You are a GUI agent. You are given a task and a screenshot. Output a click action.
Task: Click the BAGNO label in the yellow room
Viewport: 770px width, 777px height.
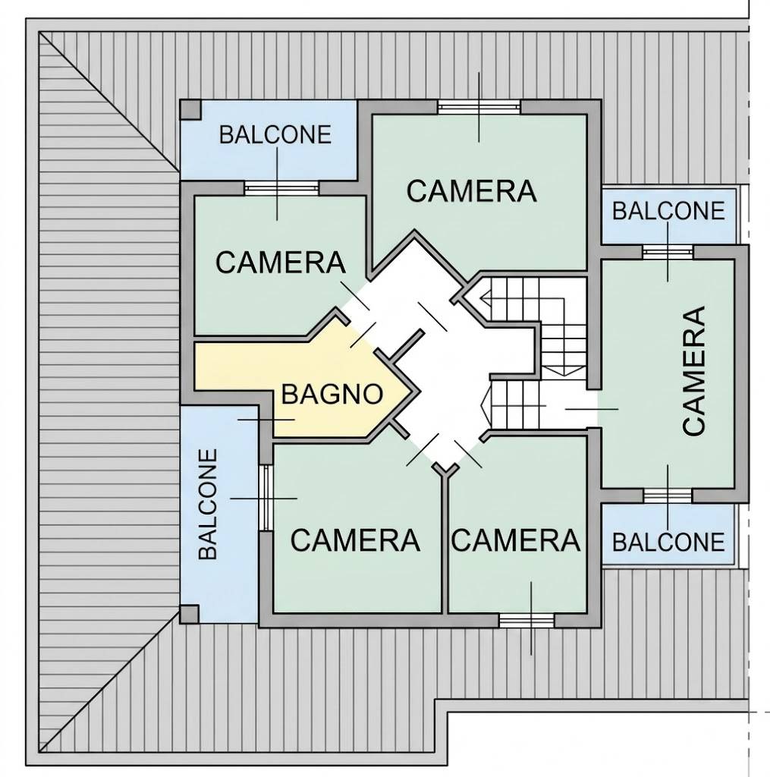(332, 395)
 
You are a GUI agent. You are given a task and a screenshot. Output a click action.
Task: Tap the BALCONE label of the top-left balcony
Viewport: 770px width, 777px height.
(275, 135)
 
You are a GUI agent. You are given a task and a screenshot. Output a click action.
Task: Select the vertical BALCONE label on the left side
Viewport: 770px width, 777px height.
(208, 504)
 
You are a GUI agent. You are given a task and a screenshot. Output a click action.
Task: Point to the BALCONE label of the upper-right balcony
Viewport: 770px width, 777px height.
(668, 211)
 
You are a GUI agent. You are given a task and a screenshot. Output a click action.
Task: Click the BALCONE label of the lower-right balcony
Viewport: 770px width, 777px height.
(668, 542)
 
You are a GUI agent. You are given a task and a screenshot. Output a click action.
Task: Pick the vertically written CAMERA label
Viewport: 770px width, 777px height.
(693, 371)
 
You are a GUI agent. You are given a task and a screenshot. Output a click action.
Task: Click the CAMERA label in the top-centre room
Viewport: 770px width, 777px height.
(471, 191)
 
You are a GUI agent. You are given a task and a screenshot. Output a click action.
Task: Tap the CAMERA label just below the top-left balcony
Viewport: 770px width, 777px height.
(281, 263)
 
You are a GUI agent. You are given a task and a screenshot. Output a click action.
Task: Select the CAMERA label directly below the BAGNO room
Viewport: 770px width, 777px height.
(355, 540)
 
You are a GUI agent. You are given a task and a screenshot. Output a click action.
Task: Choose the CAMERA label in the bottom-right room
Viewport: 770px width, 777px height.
(516, 540)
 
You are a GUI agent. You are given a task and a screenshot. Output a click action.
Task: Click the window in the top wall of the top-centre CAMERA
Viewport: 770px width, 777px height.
(479, 107)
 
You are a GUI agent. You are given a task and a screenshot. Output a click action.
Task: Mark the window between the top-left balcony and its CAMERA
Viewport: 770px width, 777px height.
(281, 188)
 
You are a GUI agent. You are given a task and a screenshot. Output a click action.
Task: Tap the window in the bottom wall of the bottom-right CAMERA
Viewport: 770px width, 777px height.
(526, 621)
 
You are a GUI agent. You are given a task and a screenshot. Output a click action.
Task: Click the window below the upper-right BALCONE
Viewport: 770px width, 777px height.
(668, 252)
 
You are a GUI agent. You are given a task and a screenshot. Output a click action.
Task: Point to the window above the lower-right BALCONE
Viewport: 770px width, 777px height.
(668, 495)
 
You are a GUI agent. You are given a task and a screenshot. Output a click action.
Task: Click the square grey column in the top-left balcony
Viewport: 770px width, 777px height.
(190, 110)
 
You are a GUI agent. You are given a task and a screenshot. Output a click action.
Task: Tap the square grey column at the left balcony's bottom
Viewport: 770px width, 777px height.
(189, 614)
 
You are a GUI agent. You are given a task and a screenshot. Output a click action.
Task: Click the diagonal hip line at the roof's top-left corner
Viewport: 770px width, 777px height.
(109, 102)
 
